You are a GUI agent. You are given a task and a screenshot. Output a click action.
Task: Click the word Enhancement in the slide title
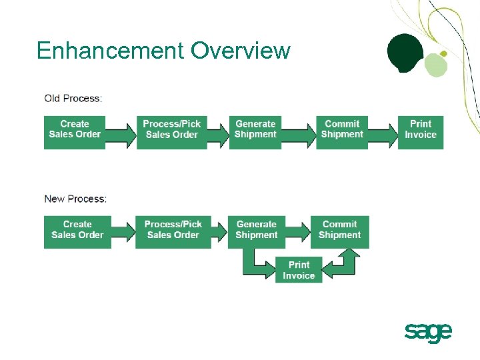pos(110,51)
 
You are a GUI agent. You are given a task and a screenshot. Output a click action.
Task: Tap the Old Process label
pos(73,99)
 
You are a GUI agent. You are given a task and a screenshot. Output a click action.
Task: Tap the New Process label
pos(75,199)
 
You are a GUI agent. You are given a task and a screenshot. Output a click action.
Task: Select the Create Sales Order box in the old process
pos(75,129)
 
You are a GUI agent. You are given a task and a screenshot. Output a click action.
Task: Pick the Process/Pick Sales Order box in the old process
pos(171,129)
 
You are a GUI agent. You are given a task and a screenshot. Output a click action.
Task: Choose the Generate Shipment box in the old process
pos(255,129)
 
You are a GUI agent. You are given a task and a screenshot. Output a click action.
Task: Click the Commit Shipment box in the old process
pos(342,129)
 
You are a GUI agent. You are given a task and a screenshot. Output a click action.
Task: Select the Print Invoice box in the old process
pos(421,129)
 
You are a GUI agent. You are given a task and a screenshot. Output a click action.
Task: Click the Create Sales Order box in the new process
pos(77,230)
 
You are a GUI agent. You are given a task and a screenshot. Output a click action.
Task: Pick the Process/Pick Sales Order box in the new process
pos(173,230)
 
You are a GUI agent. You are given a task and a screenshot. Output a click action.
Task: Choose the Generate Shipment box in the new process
pos(256,230)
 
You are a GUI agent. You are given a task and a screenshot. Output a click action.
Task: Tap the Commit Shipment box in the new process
pos(339,230)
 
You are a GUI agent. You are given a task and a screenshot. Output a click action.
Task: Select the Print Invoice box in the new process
pos(299,270)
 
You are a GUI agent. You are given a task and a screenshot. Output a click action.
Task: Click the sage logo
pos(428,331)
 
